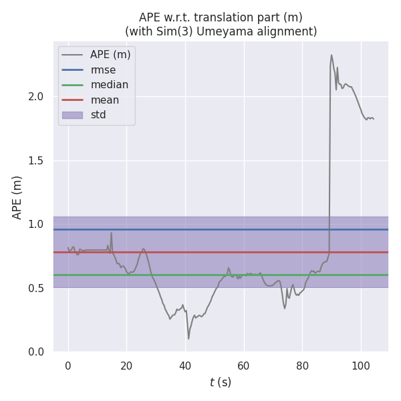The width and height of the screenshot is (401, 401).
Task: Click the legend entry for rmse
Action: [103, 70]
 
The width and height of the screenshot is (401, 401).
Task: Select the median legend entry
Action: [109, 85]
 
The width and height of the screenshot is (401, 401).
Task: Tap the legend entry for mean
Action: [104, 100]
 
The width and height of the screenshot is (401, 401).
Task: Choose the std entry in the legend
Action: [98, 115]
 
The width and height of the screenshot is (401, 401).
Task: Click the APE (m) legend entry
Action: [110, 55]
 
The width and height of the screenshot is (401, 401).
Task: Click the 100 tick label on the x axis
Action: [361, 365]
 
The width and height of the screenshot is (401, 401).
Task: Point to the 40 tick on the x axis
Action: [185, 365]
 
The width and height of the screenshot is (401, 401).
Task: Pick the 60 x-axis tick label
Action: [244, 365]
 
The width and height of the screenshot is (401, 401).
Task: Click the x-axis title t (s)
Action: [220, 382]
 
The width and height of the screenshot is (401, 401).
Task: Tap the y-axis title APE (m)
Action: [17, 197]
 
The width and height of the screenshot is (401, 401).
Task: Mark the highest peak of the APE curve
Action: [331, 55]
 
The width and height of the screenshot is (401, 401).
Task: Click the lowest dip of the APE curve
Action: [188, 338]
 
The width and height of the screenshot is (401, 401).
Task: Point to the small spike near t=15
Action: [111, 233]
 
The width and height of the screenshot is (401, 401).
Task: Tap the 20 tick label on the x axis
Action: [126, 365]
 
